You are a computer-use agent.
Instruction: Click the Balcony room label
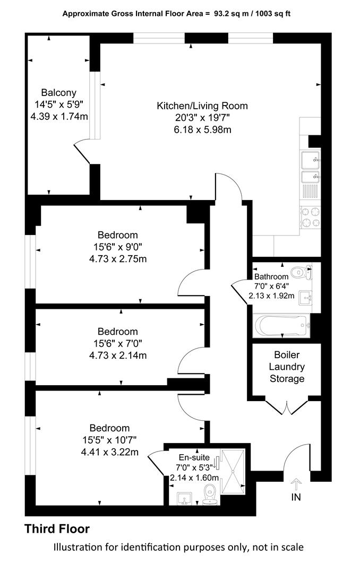click(58, 92)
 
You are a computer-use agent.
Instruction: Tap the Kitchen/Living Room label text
click(202, 106)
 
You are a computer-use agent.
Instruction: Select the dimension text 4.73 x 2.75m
click(118, 259)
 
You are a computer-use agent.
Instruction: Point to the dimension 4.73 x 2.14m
click(118, 355)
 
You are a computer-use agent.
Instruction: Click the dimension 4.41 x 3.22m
click(110, 452)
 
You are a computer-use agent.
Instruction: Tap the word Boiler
click(287, 355)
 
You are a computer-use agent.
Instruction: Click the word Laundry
click(287, 367)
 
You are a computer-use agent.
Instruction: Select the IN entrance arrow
click(296, 484)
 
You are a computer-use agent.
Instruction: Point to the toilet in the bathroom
click(302, 272)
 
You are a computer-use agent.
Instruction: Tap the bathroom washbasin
click(305, 298)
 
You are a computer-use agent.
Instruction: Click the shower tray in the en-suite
click(233, 472)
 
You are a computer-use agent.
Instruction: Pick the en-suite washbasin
click(185, 498)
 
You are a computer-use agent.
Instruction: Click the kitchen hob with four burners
click(310, 218)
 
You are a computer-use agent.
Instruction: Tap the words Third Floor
click(57, 529)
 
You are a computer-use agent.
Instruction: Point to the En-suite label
click(194, 457)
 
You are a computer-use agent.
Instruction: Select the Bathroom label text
click(271, 276)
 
